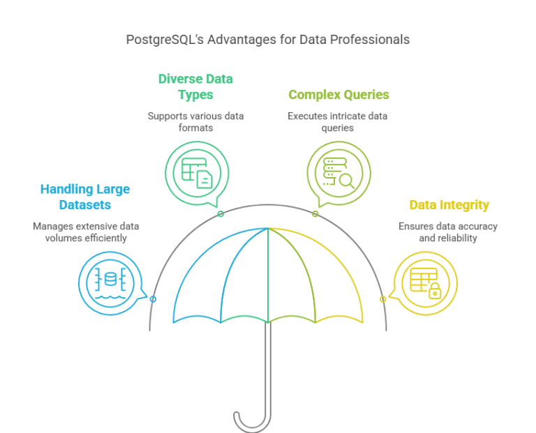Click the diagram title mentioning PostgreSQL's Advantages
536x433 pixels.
click(x=267, y=40)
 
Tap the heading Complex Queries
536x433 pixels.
click(x=338, y=94)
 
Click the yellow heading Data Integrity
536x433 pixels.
click(x=449, y=205)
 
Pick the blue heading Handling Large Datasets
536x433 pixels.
click(x=84, y=197)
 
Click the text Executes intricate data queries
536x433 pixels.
click(x=337, y=122)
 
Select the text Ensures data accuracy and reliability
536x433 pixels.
click(x=447, y=232)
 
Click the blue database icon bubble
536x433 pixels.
click(x=110, y=282)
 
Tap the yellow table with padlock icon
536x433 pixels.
click(x=425, y=282)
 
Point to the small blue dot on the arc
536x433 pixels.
click(x=153, y=298)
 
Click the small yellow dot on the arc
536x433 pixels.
click(x=382, y=298)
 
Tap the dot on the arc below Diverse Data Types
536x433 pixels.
click(x=221, y=214)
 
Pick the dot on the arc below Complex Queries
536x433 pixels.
click(x=315, y=214)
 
